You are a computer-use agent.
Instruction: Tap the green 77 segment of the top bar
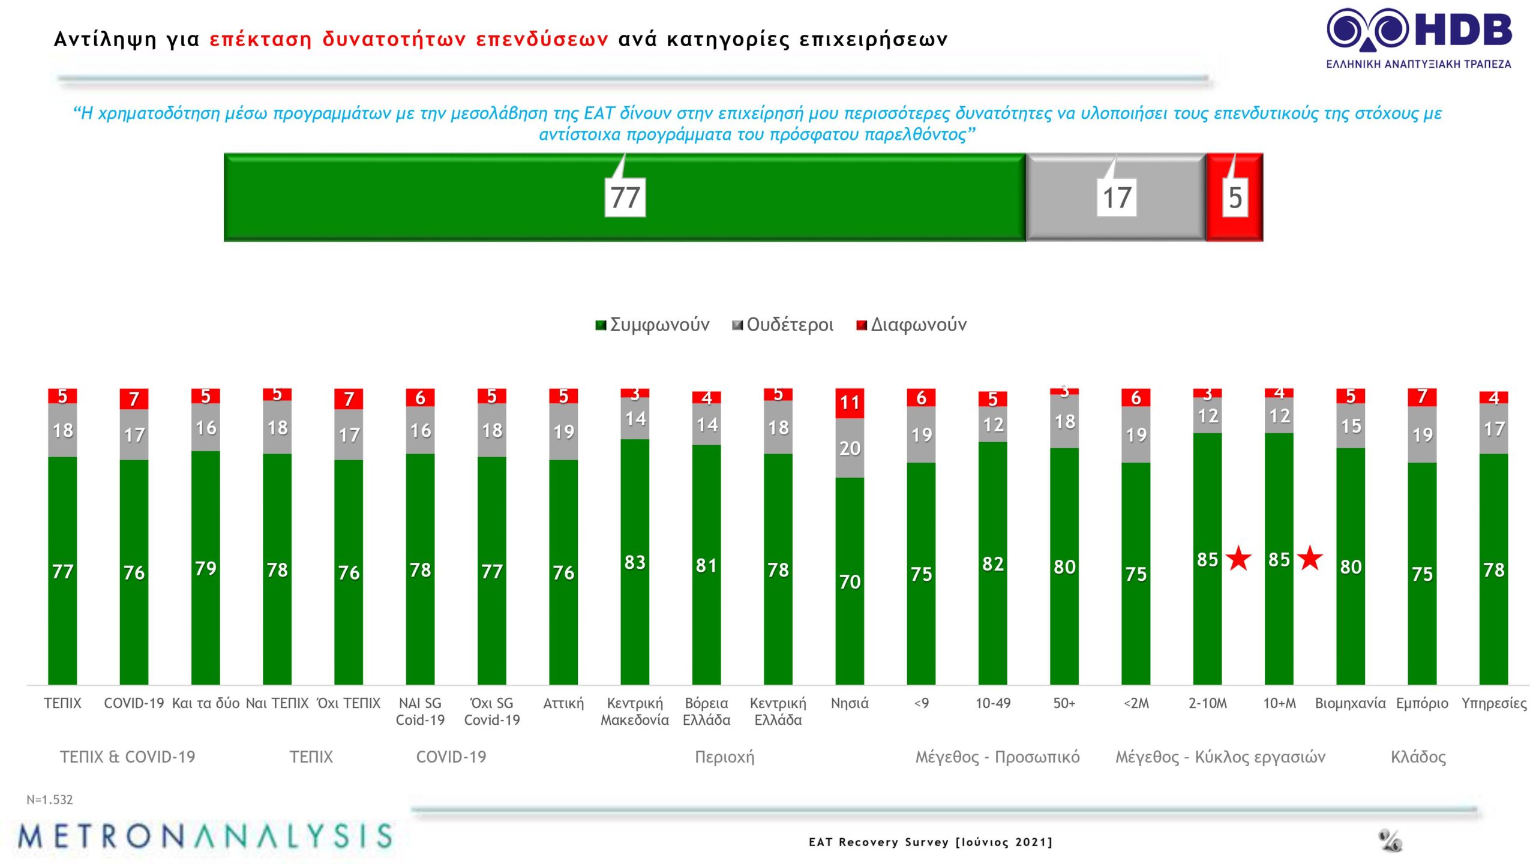(624, 197)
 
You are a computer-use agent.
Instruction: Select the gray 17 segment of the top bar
(1115, 197)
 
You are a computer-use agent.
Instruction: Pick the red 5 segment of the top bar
(1234, 197)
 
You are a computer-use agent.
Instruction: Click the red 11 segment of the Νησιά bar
(850, 403)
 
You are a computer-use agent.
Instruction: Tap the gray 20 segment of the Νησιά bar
(850, 448)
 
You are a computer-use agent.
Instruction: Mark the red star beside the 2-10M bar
(1238, 559)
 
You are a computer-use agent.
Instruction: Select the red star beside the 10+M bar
(1310, 559)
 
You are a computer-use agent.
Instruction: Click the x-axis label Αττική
(563, 703)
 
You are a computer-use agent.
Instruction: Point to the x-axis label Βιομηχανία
(1350, 703)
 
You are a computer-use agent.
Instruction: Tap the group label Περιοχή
(724, 757)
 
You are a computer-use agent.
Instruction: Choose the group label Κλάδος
(1418, 757)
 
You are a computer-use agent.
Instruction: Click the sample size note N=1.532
(50, 800)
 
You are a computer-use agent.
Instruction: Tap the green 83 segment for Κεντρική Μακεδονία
(635, 562)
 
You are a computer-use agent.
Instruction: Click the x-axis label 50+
(1064, 703)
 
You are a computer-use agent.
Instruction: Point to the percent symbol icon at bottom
(1390, 841)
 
